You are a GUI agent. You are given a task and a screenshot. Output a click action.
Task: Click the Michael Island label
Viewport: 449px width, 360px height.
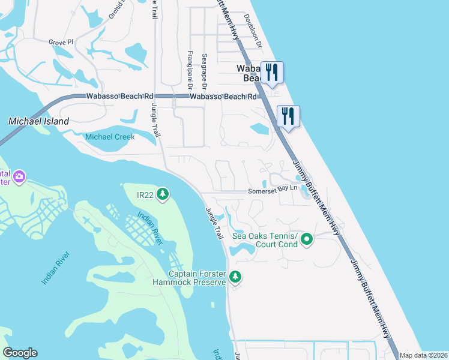tap(38, 121)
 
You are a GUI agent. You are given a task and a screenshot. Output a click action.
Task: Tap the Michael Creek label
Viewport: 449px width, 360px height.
tap(110, 137)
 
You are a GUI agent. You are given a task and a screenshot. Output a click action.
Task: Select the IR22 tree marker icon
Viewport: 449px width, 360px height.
tap(162, 194)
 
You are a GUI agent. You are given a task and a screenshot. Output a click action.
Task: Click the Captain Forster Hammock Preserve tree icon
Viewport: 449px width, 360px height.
tap(236, 277)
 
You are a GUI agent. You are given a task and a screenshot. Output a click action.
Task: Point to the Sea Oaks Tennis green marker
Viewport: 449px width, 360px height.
tap(307, 240)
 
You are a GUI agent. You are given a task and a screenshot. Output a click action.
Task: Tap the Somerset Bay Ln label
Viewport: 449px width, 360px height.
tap(273, 190)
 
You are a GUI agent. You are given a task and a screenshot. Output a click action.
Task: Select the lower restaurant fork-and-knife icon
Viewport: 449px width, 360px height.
tap(288, 116)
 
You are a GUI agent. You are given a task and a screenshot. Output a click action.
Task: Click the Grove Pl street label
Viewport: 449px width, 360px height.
tap(61, 43)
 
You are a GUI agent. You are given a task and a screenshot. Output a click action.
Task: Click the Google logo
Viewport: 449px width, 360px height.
tap(20, 353)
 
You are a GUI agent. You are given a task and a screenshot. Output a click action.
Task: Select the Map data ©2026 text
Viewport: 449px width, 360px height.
tap(424, 355)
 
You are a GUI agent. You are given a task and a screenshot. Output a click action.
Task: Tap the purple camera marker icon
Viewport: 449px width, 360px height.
tap(20, 176)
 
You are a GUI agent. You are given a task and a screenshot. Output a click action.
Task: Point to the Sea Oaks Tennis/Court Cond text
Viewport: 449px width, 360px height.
tap(265, 240)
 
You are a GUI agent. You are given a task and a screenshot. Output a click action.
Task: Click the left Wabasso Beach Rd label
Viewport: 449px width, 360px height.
tap(120, 96)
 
